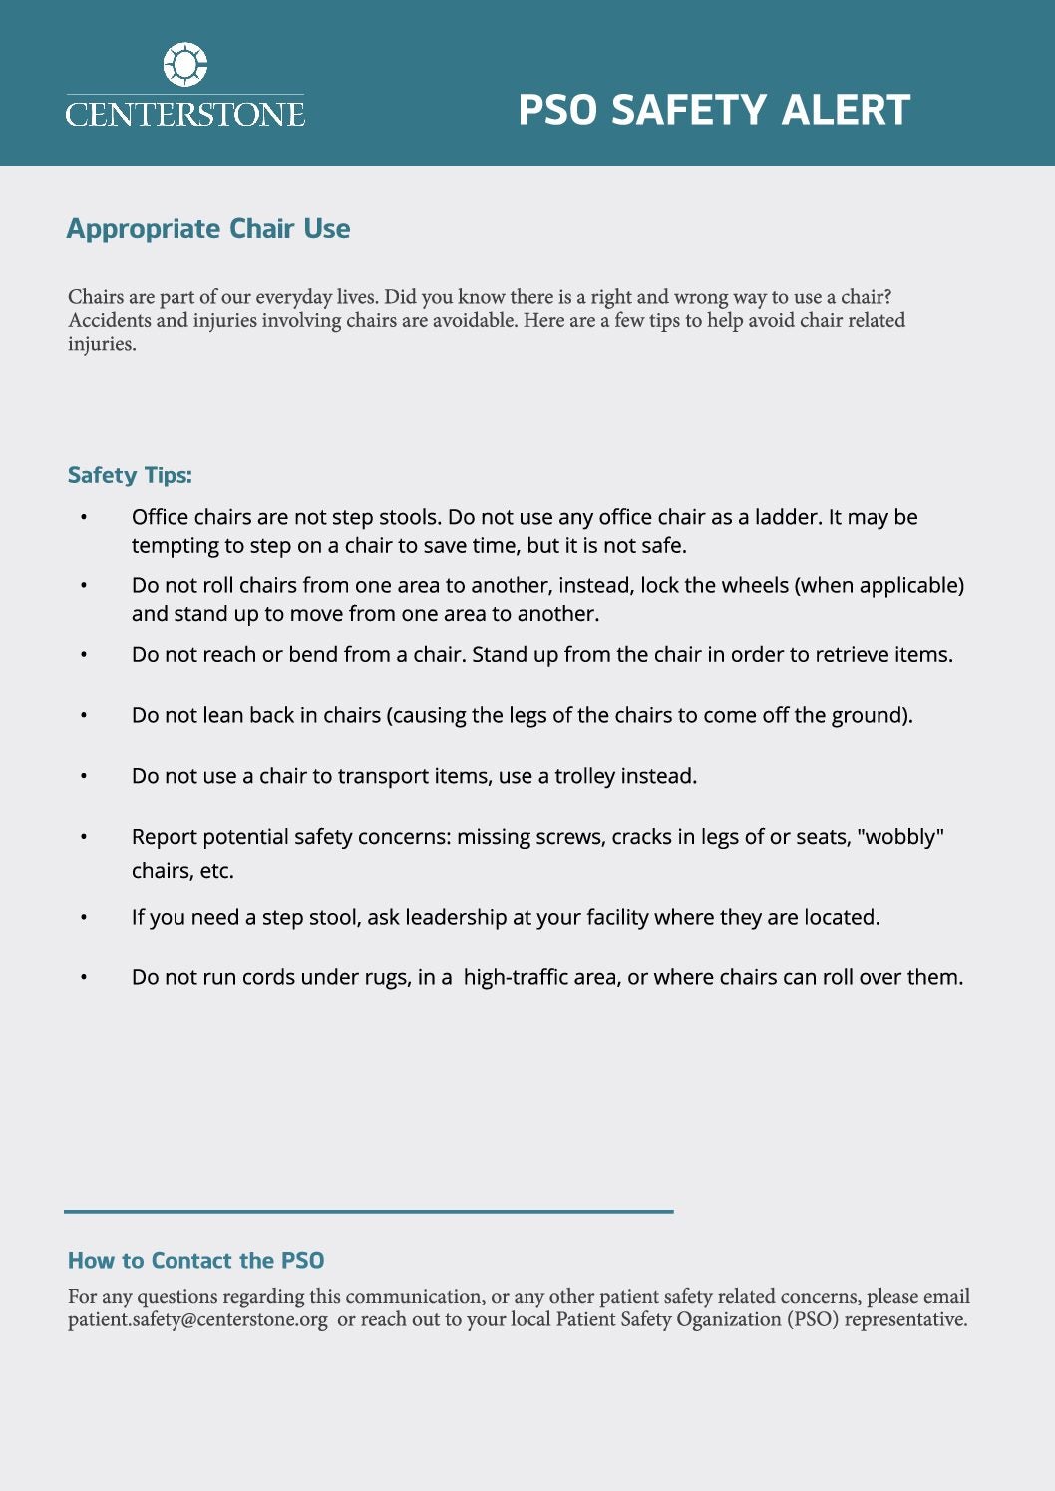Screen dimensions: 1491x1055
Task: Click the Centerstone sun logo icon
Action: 185,65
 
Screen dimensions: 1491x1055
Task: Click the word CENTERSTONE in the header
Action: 185,114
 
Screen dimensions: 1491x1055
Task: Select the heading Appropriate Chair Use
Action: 208,229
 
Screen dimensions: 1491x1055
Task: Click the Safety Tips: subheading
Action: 130,475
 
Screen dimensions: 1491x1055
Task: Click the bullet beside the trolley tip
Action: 84,776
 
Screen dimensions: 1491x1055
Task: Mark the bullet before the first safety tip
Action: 84,517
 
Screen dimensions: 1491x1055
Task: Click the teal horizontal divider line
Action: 369,1211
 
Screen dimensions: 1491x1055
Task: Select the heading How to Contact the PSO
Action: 196,1261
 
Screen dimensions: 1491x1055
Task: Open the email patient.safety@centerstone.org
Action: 197,1319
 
